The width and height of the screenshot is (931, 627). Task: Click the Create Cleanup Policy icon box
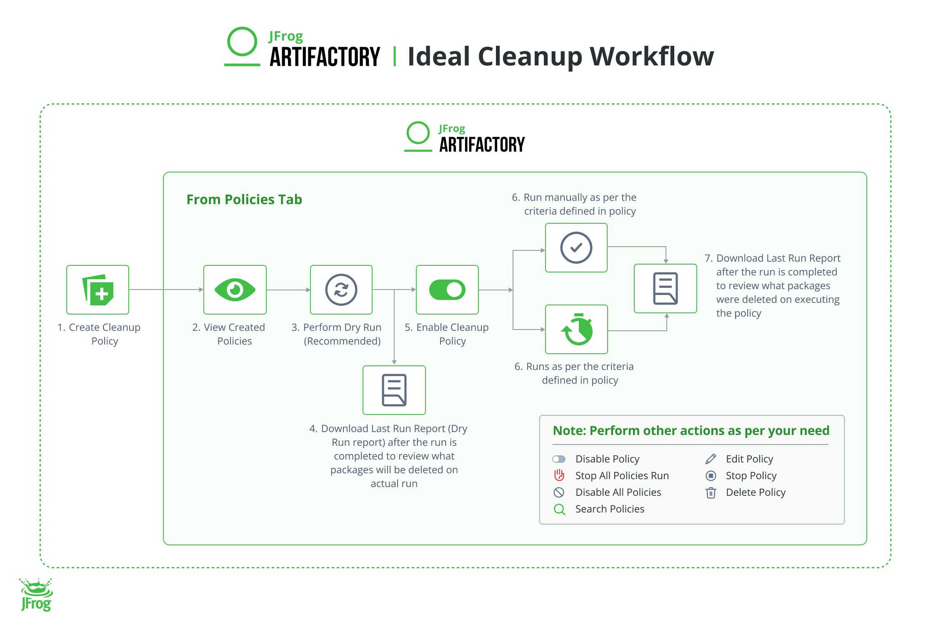98,290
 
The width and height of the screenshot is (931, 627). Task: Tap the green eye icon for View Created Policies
235,290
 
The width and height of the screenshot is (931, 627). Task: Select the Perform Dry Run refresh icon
341,290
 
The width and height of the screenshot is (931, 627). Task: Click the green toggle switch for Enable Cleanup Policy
447,290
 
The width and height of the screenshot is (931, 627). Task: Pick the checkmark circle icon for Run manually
576,248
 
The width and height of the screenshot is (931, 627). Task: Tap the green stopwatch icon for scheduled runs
577,330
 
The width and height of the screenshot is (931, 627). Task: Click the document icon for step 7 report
665,288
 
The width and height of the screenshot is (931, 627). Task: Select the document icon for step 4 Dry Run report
394,390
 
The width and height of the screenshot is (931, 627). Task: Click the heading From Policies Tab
244,200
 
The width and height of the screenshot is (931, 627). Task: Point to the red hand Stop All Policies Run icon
559,475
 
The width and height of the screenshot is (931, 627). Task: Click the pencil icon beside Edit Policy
711,459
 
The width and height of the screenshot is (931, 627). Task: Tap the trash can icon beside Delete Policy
711,492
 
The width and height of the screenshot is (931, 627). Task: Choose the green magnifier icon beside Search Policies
559,509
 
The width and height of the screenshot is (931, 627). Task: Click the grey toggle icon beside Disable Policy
559,459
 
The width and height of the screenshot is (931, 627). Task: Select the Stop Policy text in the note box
751,476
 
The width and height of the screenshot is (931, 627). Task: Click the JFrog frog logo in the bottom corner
36,595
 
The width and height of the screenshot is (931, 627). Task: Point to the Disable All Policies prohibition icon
559,492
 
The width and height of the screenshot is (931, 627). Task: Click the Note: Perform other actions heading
691,430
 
